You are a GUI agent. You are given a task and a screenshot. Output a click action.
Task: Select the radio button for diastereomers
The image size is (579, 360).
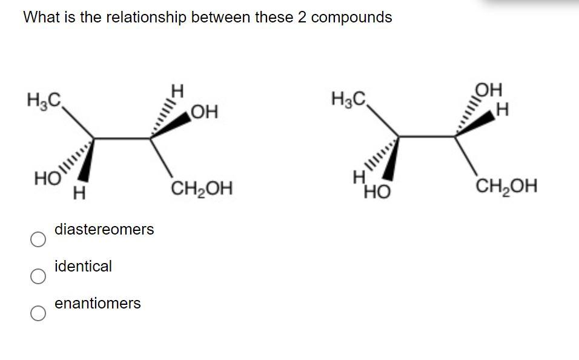click(38, 240)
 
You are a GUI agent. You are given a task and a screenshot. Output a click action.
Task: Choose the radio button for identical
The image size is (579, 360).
click(38, 277)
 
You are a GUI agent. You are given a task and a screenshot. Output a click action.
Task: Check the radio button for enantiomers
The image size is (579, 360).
click(38, 313)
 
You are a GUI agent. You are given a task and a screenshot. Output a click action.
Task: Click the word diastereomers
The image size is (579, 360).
click(104, 230)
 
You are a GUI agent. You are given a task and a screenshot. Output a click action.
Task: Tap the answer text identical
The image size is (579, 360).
click(83, 266)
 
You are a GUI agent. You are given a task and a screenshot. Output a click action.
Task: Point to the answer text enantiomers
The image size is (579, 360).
click(98, 303)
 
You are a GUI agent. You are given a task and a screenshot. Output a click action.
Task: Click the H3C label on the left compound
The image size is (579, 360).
click(42, 99)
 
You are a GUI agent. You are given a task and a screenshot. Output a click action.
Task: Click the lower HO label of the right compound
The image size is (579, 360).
click(377, 193)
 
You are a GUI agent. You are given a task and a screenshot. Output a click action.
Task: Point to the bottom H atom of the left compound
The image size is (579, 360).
click(78, 195)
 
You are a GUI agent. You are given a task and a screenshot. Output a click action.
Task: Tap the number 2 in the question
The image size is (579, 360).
click(302, 18)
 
